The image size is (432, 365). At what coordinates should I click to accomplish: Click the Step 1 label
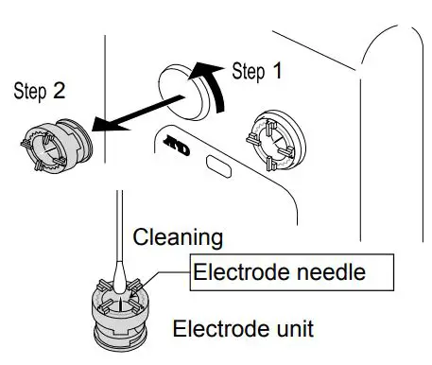256,70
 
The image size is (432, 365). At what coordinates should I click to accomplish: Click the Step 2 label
37,93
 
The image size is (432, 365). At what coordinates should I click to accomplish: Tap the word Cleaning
178,237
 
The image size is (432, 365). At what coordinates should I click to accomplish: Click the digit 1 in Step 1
276,70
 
